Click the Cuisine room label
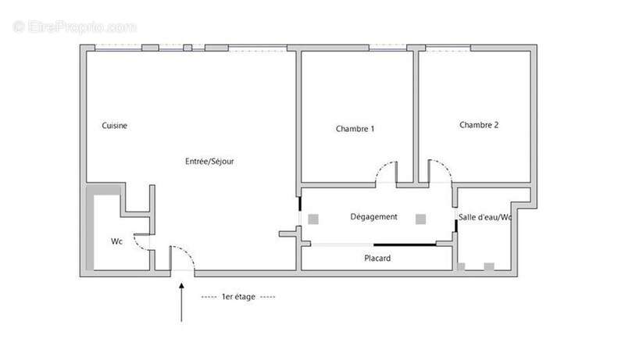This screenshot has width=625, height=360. (114, 126)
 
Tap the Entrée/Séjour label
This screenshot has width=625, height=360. (209, 162)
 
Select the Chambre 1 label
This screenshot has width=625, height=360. (355, 129)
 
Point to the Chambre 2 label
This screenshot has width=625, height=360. (479, 125)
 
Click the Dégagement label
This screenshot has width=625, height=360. (373, 216)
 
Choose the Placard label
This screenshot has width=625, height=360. (377, 258)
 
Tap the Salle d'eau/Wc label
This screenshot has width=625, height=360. (484, 217)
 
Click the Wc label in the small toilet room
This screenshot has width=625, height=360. (116, 241)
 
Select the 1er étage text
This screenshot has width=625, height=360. (238, 297)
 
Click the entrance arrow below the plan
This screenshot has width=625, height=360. (181, 302)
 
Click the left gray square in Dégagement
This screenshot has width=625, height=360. (313, 219)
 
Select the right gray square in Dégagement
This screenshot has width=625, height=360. (420, 219)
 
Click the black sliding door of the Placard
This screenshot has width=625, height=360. (405, 244)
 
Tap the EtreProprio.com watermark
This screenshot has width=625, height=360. (74, 27)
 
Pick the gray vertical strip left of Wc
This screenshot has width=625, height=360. (90, 232)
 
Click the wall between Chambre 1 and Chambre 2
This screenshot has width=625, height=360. (416, 117)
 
